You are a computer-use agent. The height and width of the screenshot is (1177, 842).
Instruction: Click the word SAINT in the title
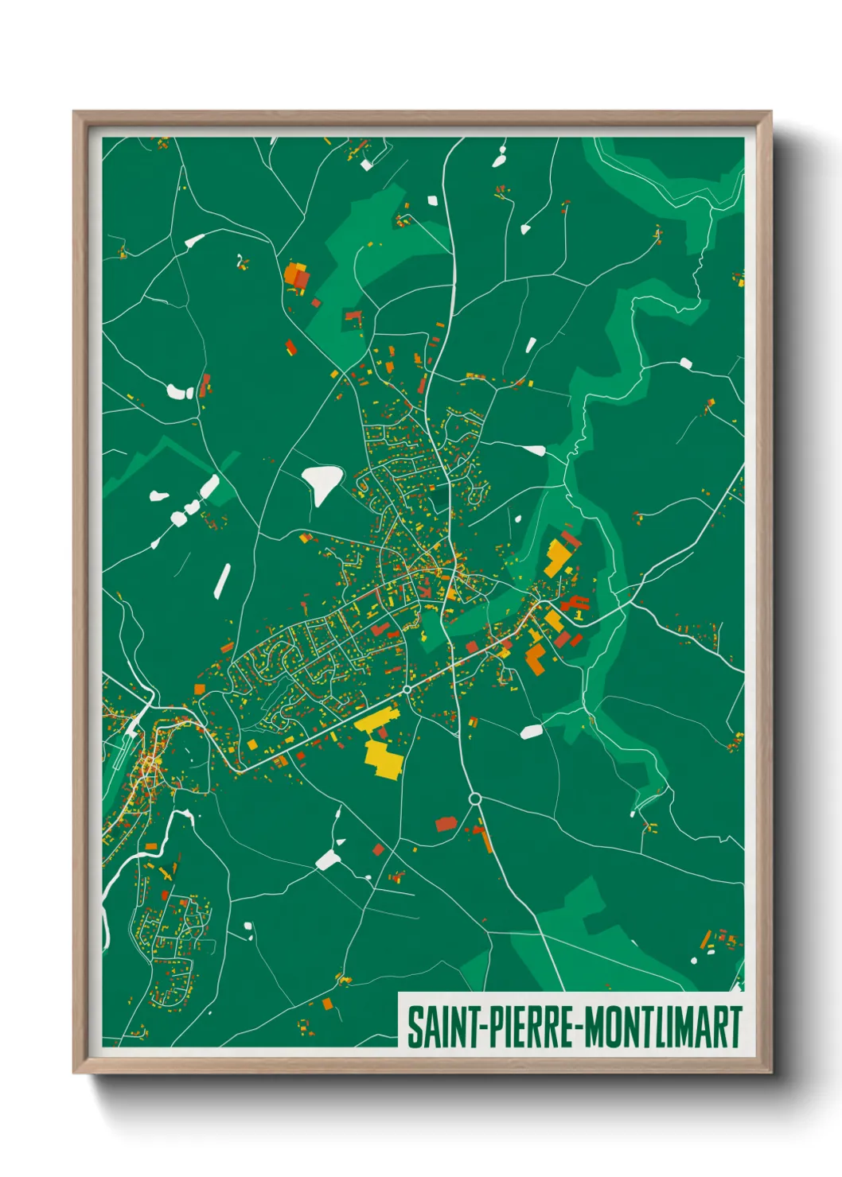click(442, 1027)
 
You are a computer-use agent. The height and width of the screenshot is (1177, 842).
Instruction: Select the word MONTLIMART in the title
click(663, 1027)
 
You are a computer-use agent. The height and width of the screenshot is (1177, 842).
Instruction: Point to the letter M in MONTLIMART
click(596, 1027)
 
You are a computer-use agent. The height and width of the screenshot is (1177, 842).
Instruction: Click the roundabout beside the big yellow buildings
click(407, 689)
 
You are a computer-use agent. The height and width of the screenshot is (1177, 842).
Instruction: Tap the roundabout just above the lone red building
click(475, 798)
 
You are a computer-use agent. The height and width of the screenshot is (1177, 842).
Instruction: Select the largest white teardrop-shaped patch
click(322, 481)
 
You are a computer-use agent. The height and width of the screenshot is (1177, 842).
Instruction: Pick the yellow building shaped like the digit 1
click(579, 614)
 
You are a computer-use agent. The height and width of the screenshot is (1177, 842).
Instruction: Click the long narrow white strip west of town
click(222, 580)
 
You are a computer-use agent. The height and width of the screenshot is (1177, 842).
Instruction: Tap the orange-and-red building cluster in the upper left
click(297, 278)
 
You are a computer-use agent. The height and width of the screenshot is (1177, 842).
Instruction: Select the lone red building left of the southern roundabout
click(446, 823)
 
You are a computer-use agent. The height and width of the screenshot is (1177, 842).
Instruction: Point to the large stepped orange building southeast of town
click(536, 659)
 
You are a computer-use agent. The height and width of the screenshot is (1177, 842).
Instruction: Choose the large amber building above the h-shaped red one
click(556, 557)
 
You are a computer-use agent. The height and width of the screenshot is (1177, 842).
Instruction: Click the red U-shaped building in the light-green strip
click(353, 317)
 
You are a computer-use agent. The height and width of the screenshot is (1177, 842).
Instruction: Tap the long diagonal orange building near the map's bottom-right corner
click(705, 940)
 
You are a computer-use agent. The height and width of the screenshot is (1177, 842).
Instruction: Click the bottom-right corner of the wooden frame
click(770, 1072)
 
